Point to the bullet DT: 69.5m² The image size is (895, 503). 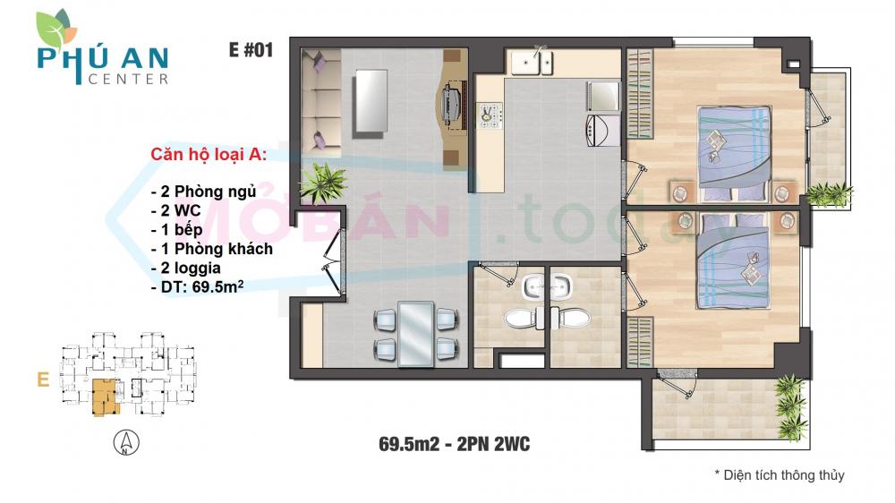tap(209, 288)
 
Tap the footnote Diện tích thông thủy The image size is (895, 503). tap(779, 475)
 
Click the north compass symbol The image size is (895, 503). tap(125, 443)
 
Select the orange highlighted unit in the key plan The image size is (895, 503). tap(105, 396)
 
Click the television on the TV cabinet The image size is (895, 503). tap(451, 105)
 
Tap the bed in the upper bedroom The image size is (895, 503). tap(734, 152)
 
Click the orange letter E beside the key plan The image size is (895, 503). tap(42, 379)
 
